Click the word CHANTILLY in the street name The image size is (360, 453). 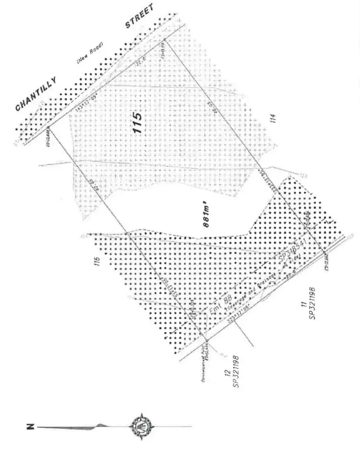coord(36,94)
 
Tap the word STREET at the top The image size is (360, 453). coord(140,16)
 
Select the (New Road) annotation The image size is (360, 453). coord(90,56)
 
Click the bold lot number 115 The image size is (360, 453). coord(138,123)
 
